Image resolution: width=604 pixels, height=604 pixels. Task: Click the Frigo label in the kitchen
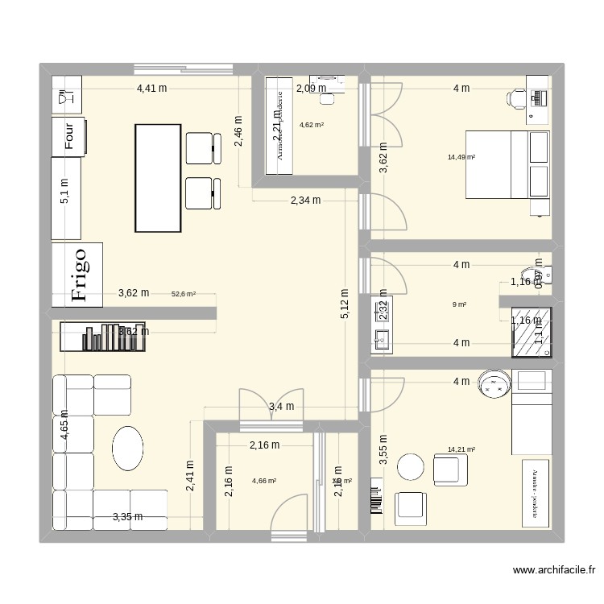click(78, 274)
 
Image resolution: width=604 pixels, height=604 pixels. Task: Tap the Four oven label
click(69, 135)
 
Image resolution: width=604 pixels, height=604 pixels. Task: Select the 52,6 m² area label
click(184, 295)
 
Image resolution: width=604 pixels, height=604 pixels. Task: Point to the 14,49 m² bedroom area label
click(461, 157)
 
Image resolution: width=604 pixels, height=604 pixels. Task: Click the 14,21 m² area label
click(461, 450)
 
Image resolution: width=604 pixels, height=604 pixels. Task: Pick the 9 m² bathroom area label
click(460, 304)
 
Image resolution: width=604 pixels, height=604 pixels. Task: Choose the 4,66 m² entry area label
click(264, 481)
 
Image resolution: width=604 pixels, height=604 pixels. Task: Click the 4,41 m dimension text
click(151, 89)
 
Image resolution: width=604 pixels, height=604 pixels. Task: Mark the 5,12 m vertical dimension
click(345, 304)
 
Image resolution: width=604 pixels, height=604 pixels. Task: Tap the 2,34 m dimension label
click(305, 200)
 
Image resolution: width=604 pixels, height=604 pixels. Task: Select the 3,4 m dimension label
click(281, 407)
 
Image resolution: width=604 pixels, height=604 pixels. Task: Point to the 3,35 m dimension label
click(127, 516)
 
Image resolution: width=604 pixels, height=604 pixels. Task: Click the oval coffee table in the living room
click(128, 448)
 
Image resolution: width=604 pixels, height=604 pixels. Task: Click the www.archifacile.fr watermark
click(556, 570)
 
